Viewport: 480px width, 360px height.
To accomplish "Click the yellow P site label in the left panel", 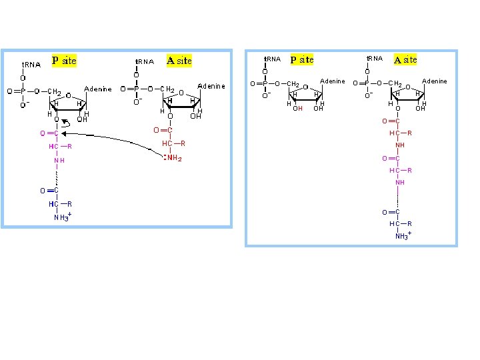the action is pos(65,61).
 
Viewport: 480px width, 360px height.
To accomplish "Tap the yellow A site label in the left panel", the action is pos(179,61).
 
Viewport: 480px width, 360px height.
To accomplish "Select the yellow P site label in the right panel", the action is pos(302,59).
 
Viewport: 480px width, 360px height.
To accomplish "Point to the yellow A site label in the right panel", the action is pos(405,59).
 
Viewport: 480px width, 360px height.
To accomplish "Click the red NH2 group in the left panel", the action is pos(173,158).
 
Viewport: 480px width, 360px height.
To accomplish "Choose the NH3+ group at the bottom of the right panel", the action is pos(401,236).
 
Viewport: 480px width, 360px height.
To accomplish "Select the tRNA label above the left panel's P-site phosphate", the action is pos(31,65).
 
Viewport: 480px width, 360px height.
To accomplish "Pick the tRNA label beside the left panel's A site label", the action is pos(145,61).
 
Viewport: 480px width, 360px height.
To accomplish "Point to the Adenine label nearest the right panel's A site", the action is pos(435,81).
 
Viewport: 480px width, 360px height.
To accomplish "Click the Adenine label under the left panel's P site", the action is pos(98,89).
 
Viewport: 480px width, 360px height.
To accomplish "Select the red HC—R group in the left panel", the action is pos(173,143).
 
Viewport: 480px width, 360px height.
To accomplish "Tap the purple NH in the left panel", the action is pos(59,161).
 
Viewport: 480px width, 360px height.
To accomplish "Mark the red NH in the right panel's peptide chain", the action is pos(400,145).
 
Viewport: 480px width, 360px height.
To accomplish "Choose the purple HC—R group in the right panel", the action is pos(401,171).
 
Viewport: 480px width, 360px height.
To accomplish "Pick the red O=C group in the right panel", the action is pos(391,121).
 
